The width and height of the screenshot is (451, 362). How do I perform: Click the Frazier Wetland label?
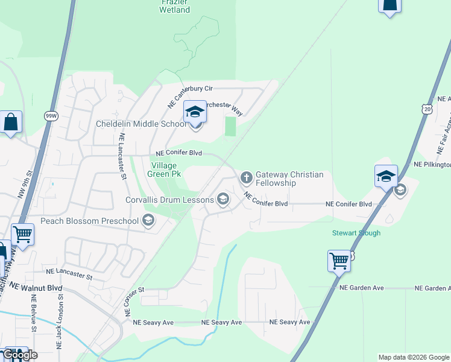[x=175, y=6]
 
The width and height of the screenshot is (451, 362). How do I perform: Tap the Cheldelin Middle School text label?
[x=141, y=124]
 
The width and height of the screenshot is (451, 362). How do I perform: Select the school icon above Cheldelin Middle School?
[x=195, y=112]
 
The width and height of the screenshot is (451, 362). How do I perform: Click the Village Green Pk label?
[x=165, y=169]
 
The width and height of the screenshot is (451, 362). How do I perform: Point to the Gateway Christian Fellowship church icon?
[x=246, y=177]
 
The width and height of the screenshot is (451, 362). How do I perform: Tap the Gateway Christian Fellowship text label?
[x=289, y=179]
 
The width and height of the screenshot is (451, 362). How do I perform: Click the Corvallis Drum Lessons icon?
[x=223, y=199]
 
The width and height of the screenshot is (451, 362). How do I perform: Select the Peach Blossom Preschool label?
[x=89, y=221]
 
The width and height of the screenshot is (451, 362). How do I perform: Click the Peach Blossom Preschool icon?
[x=148, y=221]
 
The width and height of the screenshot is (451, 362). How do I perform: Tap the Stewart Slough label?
[x=356, y=233]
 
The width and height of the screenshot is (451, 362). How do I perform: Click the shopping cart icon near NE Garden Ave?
[x=339, y=261]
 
